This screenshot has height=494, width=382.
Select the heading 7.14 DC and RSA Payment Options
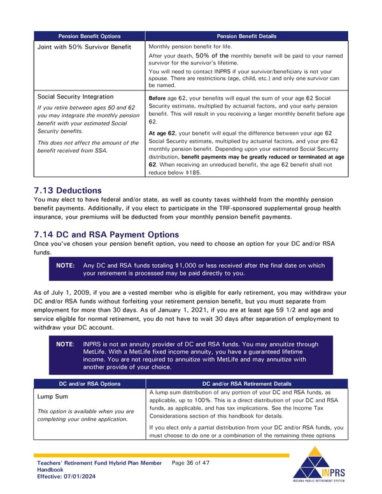(106, 234)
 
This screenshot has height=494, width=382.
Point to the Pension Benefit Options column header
(89, 36)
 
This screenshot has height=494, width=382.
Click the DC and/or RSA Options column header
(89, 384)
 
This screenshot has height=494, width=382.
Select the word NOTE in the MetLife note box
(64, 344)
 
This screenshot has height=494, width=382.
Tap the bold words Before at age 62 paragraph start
(157, 98)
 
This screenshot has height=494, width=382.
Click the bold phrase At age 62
(162, 132)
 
